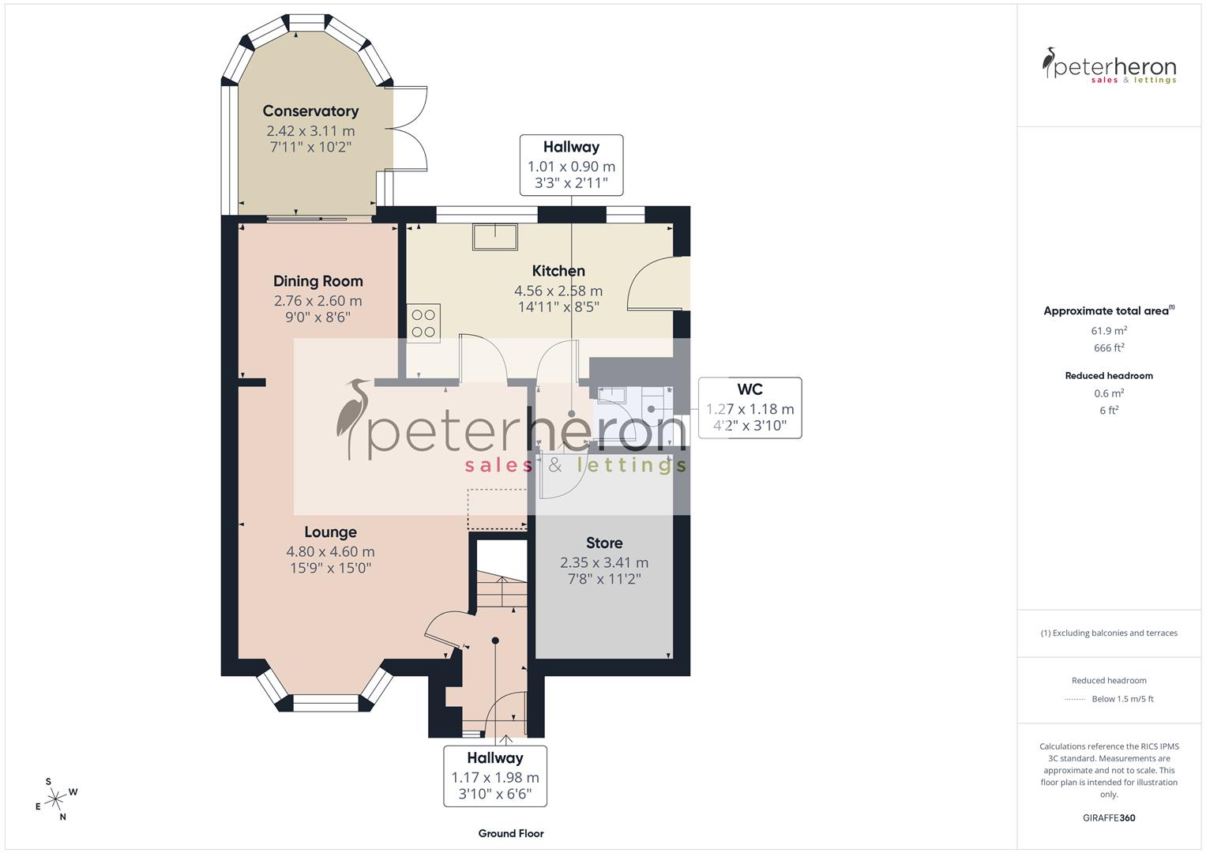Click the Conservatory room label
tap(310, 111)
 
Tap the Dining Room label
tap(317, 281)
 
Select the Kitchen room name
tap(558, 271)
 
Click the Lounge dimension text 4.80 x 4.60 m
tap(330, 552)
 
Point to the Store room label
tap(604, 543)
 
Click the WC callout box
tap(750, 408)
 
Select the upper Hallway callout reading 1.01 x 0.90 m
tap(571, 165)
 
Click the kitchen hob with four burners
tap(423, 323)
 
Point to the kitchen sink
tap(495, 236)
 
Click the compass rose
tap(55, 799)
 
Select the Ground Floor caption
tap(511, 833)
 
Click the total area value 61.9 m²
tap(1109, 331)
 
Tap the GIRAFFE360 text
tap(1109, 817)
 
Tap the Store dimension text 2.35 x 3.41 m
tap(604, 563)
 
